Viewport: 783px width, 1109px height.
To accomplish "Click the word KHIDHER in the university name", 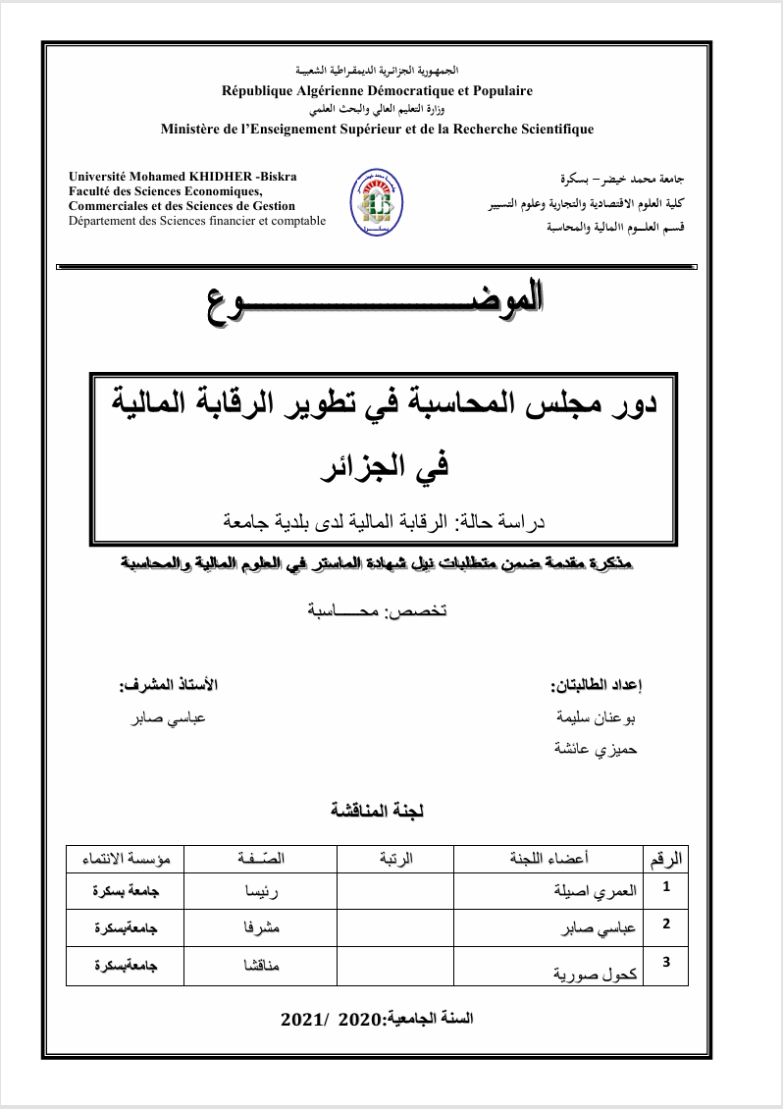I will point(213,176).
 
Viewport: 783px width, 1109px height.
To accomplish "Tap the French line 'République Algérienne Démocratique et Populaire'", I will point(377,90).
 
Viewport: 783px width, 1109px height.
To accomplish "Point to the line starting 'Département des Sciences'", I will point(196,221).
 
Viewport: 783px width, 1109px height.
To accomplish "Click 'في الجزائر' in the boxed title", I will point(383,463).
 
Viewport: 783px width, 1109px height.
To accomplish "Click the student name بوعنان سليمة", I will point(597,717).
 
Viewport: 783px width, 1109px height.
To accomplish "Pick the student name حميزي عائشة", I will point(598,750).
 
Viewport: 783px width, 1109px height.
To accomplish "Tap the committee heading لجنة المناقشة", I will point(378,811).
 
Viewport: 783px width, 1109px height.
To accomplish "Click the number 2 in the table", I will point(667,924).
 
